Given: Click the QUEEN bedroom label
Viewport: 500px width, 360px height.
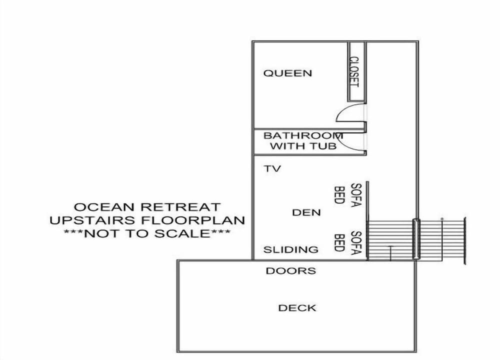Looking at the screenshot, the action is coord(287,73).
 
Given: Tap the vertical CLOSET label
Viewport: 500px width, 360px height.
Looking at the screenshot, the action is coord(354,71).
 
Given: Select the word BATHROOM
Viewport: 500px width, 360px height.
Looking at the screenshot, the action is coord(303,135).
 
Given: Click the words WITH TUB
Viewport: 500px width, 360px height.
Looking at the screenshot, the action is coord(303,146).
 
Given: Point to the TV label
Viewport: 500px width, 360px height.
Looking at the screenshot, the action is coord(272,168).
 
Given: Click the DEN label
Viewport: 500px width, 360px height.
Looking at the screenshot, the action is coord(306,212).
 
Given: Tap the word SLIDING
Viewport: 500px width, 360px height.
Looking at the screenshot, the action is coord(291,249).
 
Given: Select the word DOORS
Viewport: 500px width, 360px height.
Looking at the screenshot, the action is coord(291,271).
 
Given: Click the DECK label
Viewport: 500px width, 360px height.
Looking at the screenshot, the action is coord(297,308).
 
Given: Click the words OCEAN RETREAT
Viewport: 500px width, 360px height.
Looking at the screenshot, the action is coord(147,207).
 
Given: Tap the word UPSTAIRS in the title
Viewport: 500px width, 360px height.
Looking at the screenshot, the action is coord(91,220).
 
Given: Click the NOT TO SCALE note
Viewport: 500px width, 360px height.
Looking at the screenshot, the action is coord(147,233).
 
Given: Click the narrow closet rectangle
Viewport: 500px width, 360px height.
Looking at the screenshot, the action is coord(356,71).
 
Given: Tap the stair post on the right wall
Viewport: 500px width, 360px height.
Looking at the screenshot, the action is coord(415,239).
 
